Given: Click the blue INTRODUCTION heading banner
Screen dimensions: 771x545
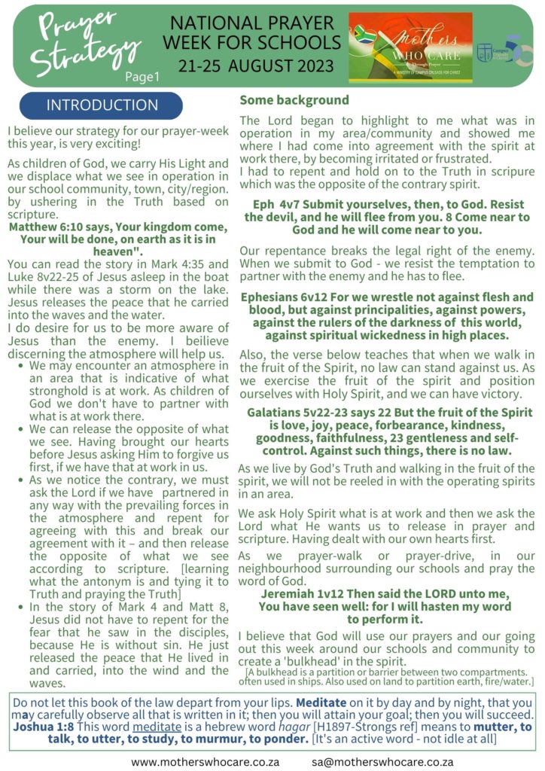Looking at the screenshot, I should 102,105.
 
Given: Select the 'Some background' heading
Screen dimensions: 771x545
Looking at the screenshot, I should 294,99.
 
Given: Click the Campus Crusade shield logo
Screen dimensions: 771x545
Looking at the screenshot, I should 484,51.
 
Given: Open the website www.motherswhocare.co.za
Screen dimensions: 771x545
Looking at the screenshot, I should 205,761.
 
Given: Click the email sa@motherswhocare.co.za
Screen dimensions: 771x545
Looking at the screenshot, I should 383,761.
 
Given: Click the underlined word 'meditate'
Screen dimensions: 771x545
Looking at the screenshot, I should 136,727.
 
